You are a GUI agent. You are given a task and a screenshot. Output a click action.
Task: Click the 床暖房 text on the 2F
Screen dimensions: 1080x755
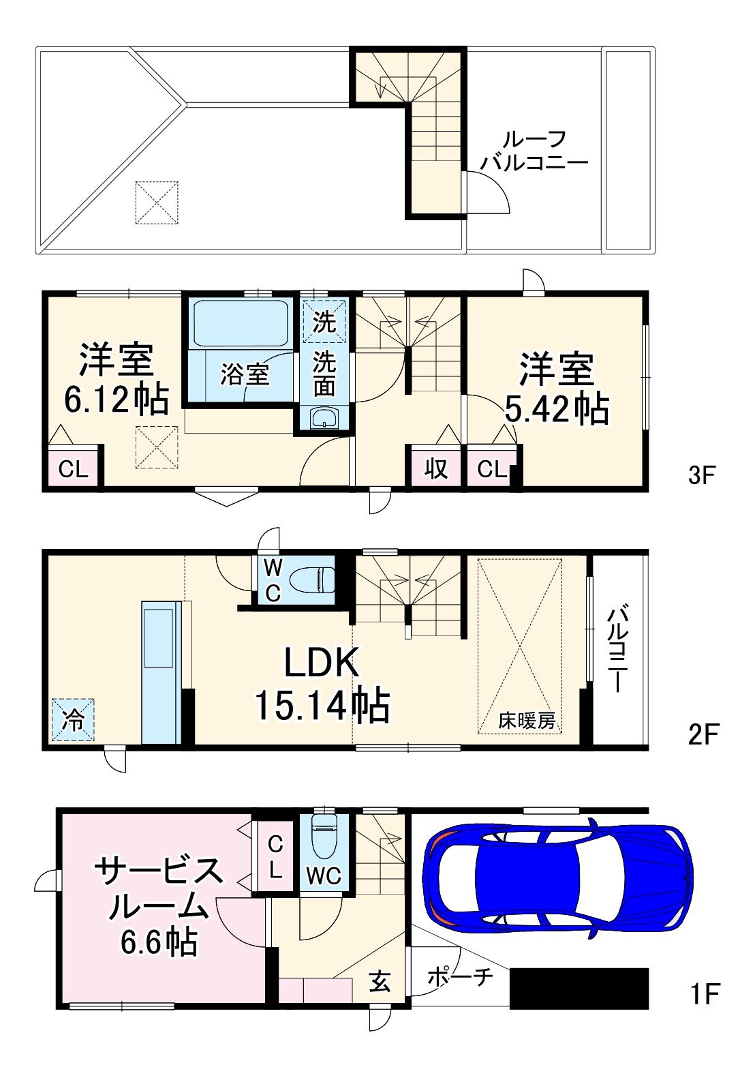527,720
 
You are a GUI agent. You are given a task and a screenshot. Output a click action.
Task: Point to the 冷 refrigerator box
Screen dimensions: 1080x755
73,719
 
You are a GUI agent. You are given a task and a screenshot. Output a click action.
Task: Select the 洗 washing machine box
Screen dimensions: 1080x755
324,321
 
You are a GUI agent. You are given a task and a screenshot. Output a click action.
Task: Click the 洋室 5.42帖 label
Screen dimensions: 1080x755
556,389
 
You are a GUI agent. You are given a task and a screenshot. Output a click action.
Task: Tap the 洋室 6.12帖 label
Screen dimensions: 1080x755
116,380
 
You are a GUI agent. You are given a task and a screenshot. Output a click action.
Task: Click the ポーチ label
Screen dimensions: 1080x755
460,977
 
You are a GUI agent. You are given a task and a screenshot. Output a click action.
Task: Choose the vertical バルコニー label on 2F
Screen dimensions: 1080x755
617,648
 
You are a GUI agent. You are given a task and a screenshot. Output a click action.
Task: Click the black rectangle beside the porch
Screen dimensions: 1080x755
579,988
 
